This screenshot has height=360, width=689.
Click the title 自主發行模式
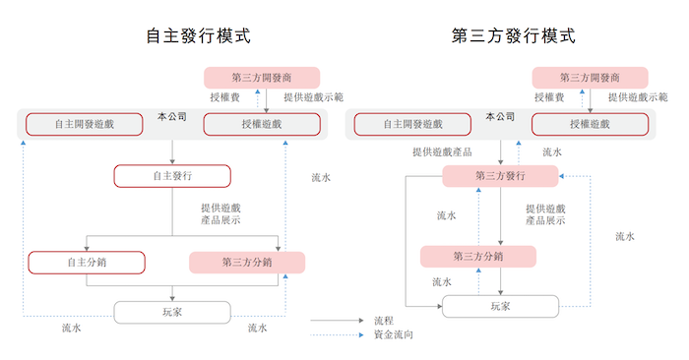[198, 36]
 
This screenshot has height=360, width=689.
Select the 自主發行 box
[172, 176]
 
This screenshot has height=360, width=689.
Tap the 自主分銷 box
[87, 263]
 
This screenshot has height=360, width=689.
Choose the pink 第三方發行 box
[500, 176]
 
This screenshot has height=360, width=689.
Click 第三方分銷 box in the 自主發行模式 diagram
[247, 263]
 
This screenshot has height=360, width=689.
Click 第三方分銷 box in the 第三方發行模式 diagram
[478, 257]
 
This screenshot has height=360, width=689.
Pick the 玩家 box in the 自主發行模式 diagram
[172, 312]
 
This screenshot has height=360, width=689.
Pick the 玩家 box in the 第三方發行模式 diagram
[501, 306]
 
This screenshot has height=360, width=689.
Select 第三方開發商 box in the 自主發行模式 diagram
[262, 78]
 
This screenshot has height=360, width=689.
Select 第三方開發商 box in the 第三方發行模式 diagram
[590, 78]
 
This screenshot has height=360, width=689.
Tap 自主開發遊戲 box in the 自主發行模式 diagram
[85, 125]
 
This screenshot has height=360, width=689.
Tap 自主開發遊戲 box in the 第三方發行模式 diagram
[412, 125]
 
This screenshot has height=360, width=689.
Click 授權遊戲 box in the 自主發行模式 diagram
[261, 125]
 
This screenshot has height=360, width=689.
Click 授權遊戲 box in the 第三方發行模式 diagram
[590, 125]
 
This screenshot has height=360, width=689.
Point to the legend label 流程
[384, 321]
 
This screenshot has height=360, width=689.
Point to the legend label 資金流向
[393, 335]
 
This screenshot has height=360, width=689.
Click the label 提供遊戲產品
[442, 152]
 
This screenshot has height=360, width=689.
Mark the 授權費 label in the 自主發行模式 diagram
[224, 97]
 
